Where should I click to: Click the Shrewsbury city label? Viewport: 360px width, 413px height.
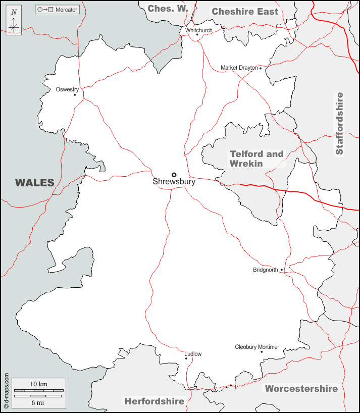tap(174, 182)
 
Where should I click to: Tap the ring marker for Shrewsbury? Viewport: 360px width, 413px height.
tap(174, 175)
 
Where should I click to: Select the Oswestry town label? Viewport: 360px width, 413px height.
tap(67, 89)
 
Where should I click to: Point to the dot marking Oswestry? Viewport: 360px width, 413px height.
tap(75, 94)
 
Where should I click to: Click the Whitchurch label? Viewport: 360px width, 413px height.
tap(198, 30)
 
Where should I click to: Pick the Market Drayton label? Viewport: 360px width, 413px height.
tap(239, 68)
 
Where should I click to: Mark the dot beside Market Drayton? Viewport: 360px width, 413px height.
tap(261, 68)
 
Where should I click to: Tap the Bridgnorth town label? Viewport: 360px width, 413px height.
tap(266, 270)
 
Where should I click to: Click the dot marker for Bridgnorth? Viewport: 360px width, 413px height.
tap(281, 270)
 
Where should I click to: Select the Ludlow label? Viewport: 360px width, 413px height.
tap(193, 354)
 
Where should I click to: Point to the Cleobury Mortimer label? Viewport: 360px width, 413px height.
tap(257, 347)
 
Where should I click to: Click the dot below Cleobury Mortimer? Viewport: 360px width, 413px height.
tap(262, 352)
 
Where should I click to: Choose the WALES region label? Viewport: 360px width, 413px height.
tap(34, 183)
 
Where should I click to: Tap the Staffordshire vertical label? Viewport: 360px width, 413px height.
tap(339, 123)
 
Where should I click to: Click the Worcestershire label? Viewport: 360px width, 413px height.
tap(301, 389)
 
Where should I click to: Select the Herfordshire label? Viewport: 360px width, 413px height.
tap(154, 401)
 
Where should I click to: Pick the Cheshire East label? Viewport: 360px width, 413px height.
tap(245, 11)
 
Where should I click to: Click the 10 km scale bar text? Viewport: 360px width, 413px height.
tap(38, 384)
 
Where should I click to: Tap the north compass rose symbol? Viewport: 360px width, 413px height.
tap(14, 23)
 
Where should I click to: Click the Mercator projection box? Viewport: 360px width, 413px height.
tap(58, 10)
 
